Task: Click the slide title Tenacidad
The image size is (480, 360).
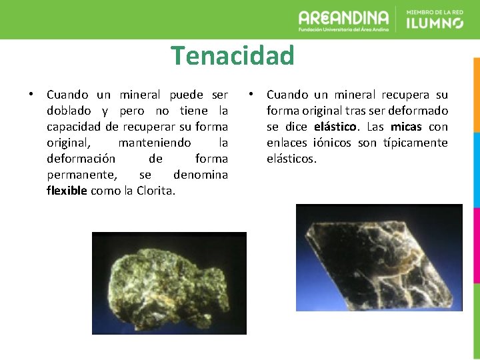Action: tap(232, 55)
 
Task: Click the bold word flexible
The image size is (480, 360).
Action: tap(67, 191)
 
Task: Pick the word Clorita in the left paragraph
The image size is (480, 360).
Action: tap(156, 191)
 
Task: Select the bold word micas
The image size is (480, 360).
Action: tap(406, 127)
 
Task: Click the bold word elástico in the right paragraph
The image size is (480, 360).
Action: tap(335, 127)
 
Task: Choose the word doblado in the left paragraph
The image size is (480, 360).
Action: tap(69, 111)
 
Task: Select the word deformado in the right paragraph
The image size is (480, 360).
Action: tap(417, 111)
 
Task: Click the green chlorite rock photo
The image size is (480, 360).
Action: tap(169, 283)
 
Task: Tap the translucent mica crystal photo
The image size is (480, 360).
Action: tap(379, 257)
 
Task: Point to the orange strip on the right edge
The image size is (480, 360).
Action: tap(476, 93)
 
